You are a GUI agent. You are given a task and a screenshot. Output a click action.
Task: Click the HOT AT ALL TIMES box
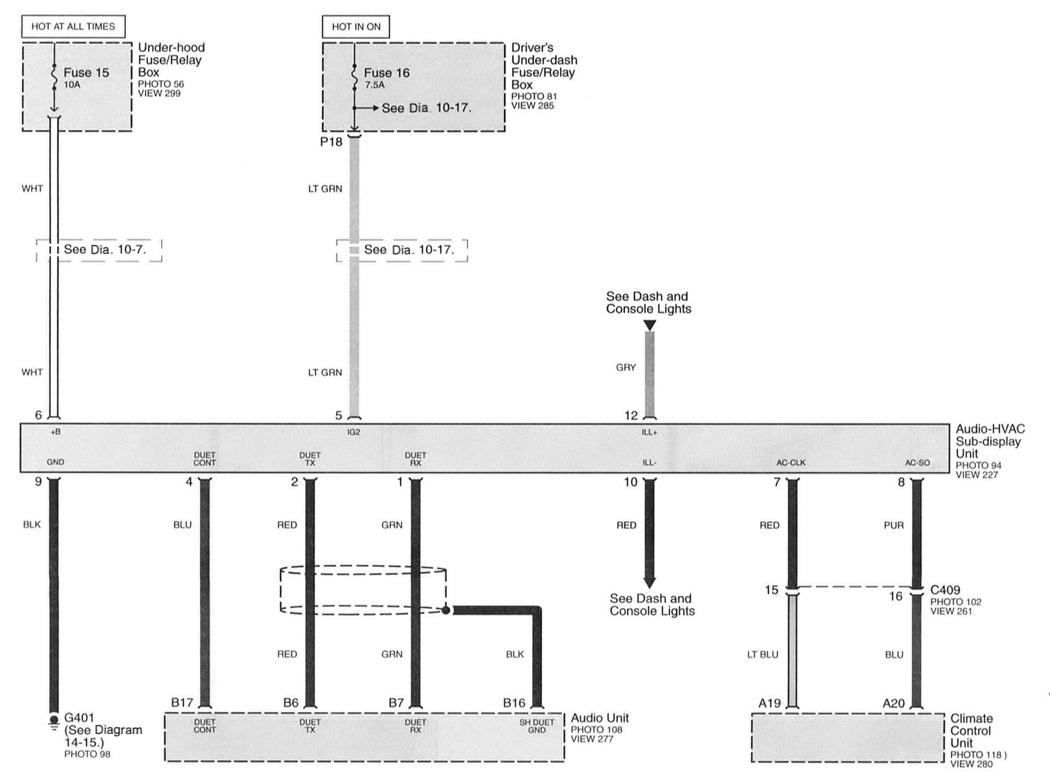(73, 26)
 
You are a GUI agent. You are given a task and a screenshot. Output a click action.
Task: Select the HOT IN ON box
(356, 26)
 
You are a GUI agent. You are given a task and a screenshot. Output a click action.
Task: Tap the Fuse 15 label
(86, 72)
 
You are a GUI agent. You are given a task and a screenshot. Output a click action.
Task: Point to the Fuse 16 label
(387, 72)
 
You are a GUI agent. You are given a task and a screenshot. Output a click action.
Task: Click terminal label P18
(331, 142)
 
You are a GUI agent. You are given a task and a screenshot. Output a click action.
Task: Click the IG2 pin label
(353, 432)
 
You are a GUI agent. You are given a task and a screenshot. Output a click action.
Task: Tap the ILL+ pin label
(649, 432)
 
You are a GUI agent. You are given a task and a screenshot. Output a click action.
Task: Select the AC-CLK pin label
(791, 463)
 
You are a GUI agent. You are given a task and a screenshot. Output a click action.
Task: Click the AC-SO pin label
(917, 463)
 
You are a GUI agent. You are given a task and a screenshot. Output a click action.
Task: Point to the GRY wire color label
(626, 367)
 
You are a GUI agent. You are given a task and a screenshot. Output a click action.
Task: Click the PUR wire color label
(894, 525)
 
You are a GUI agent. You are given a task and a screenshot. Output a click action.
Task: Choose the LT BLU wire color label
(762, 655)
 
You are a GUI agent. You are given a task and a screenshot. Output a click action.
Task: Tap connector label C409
(945, 590)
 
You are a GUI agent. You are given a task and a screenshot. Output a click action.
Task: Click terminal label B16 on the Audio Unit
(514, 703)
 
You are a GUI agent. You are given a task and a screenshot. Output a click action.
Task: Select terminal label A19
(769, 703)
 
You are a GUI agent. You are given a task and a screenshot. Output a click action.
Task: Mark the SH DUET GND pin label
(537, 726)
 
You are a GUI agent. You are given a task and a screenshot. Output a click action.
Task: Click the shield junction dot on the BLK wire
(445, 610)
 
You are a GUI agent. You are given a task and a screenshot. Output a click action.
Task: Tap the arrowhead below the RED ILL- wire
(649, 583)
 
